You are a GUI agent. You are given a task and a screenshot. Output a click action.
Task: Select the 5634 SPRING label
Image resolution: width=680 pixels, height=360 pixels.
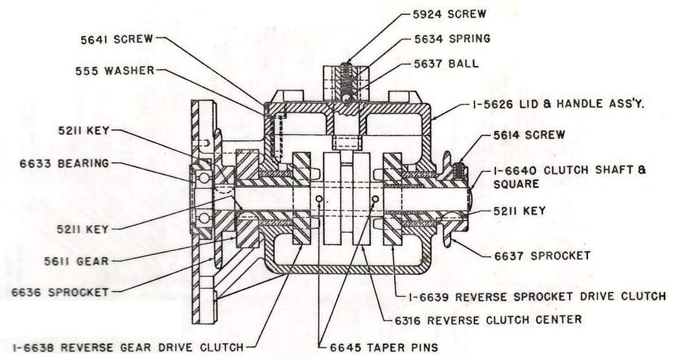point(452,38)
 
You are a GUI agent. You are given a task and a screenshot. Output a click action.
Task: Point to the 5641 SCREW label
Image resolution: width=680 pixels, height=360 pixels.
point(116,39)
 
